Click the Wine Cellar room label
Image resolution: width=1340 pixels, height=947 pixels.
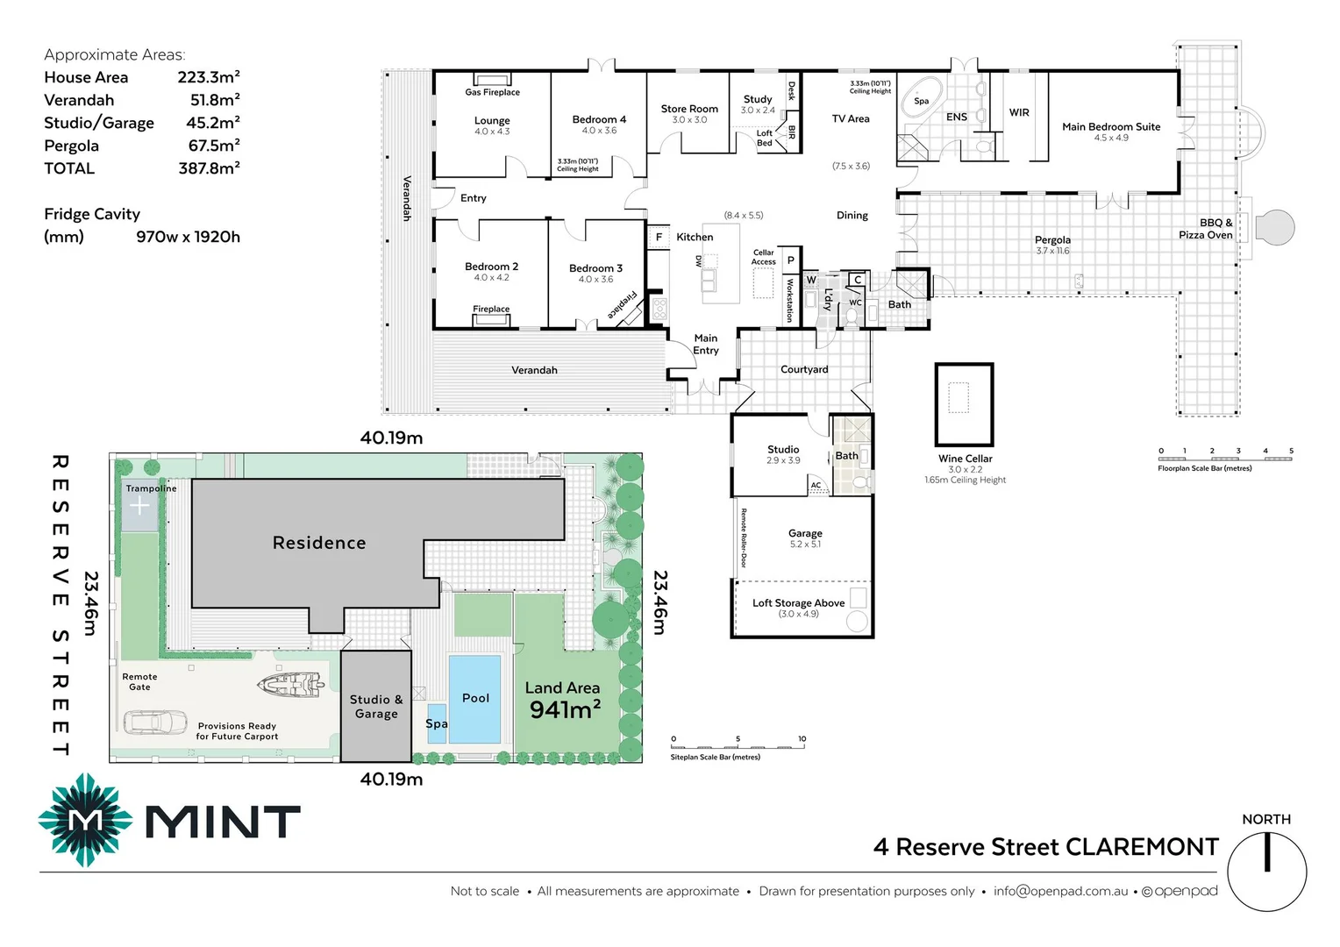point(965,459)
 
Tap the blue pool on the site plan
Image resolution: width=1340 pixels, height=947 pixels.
point(474,699)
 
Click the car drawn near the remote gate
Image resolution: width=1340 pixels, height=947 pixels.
point(155,723)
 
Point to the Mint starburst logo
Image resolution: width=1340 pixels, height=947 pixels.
point(85,821)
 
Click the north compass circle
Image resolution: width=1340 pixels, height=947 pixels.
point(1266,872)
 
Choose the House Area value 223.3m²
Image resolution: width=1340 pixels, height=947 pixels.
point(209,77)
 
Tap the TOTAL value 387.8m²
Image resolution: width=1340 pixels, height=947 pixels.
point(209,168)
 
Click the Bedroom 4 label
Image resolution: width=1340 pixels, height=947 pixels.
point(599,119)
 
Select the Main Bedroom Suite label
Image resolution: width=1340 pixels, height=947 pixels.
point(1111,126)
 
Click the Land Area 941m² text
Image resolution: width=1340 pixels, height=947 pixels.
point(563,701)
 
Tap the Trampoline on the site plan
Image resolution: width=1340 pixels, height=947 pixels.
point(139,506)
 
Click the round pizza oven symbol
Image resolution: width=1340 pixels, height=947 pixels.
point(1275,227)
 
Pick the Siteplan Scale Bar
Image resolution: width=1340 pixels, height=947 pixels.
point(738,745)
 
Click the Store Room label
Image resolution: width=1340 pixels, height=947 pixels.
point(689,109)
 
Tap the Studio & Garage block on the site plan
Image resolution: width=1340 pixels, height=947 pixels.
point(376,706)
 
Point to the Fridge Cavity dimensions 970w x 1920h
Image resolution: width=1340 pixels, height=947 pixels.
point(188,237)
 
